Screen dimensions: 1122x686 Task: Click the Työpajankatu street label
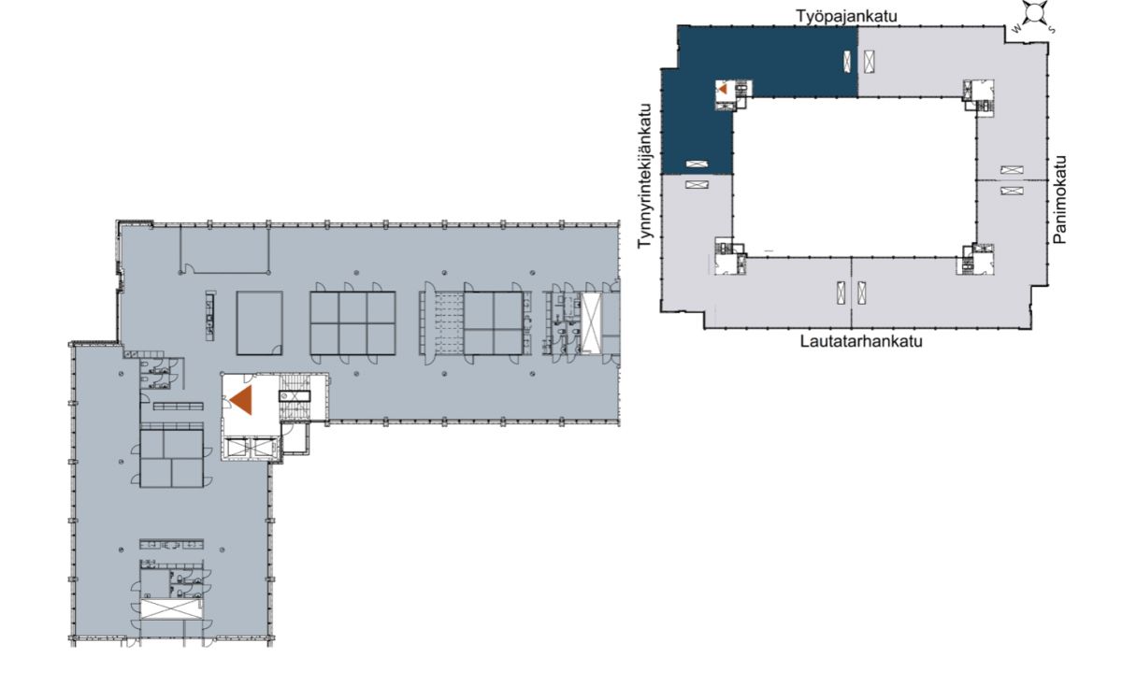[846, 17]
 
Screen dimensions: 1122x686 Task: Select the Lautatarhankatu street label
[861, 341]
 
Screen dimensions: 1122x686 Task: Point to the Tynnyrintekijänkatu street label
[645, 176]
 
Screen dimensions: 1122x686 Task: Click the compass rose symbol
[1035, 13]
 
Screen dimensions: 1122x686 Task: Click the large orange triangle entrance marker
[241, 400]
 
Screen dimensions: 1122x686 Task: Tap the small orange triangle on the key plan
[723, 89]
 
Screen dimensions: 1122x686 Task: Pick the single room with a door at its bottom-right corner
[260, 323]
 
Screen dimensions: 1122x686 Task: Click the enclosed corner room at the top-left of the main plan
[224, 250]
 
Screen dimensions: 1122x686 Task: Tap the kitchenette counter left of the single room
[211, 316]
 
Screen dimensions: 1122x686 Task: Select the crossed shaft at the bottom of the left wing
[172, 608]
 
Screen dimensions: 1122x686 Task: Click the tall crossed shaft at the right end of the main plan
[591, 323]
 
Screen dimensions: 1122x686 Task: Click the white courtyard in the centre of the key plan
[855, 178]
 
